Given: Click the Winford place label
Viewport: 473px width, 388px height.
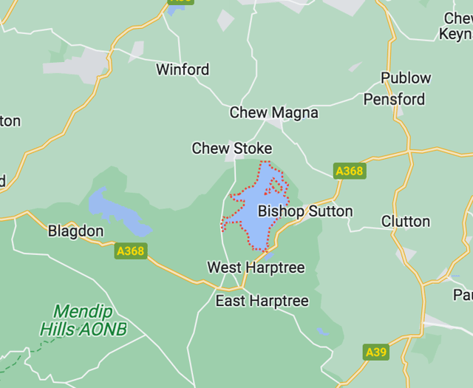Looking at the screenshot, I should (183, 69).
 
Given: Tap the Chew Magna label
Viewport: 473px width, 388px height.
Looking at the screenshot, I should (273, 113).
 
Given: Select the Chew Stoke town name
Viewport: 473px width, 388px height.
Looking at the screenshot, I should (232, 149).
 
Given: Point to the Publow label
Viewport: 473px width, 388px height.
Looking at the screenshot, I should (406, 78).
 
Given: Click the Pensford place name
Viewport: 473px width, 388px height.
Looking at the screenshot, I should (394, 99).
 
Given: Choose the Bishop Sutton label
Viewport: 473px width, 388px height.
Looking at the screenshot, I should (305, 211).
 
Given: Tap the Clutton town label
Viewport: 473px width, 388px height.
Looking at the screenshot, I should (405, 222).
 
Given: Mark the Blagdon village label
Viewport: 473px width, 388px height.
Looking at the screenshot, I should (75, 231).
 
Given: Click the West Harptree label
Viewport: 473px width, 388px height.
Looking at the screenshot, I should (256, 268).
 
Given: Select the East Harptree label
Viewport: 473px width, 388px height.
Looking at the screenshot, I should (262, 302).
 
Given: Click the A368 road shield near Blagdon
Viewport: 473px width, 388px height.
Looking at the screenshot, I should (131, 251).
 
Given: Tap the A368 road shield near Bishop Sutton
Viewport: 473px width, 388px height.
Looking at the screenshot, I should (349, 171).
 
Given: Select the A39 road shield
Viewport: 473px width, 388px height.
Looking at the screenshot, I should (376, 353).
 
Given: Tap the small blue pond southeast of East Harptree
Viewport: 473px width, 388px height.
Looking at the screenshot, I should (321, 332).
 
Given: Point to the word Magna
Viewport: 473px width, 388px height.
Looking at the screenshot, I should (294, 113).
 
